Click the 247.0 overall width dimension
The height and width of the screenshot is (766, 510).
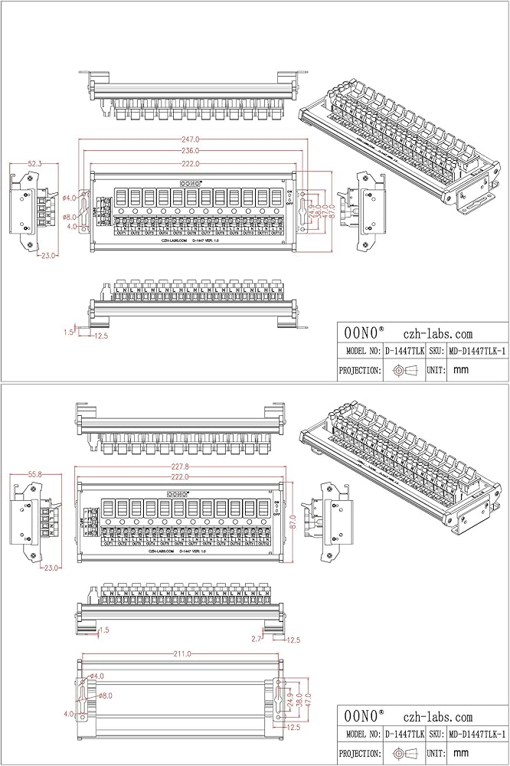[190, 139]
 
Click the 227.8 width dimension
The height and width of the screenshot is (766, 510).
[181, 466]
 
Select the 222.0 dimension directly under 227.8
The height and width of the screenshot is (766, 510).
[181, 476]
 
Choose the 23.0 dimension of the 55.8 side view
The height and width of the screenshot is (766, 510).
[51, 568]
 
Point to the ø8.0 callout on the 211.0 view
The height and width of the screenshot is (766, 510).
[105, 696]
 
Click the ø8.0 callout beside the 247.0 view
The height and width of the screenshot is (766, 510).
[70, 217]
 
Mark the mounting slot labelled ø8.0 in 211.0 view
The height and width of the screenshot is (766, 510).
[81, 695]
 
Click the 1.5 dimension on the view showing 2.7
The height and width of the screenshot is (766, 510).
[104, 629]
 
